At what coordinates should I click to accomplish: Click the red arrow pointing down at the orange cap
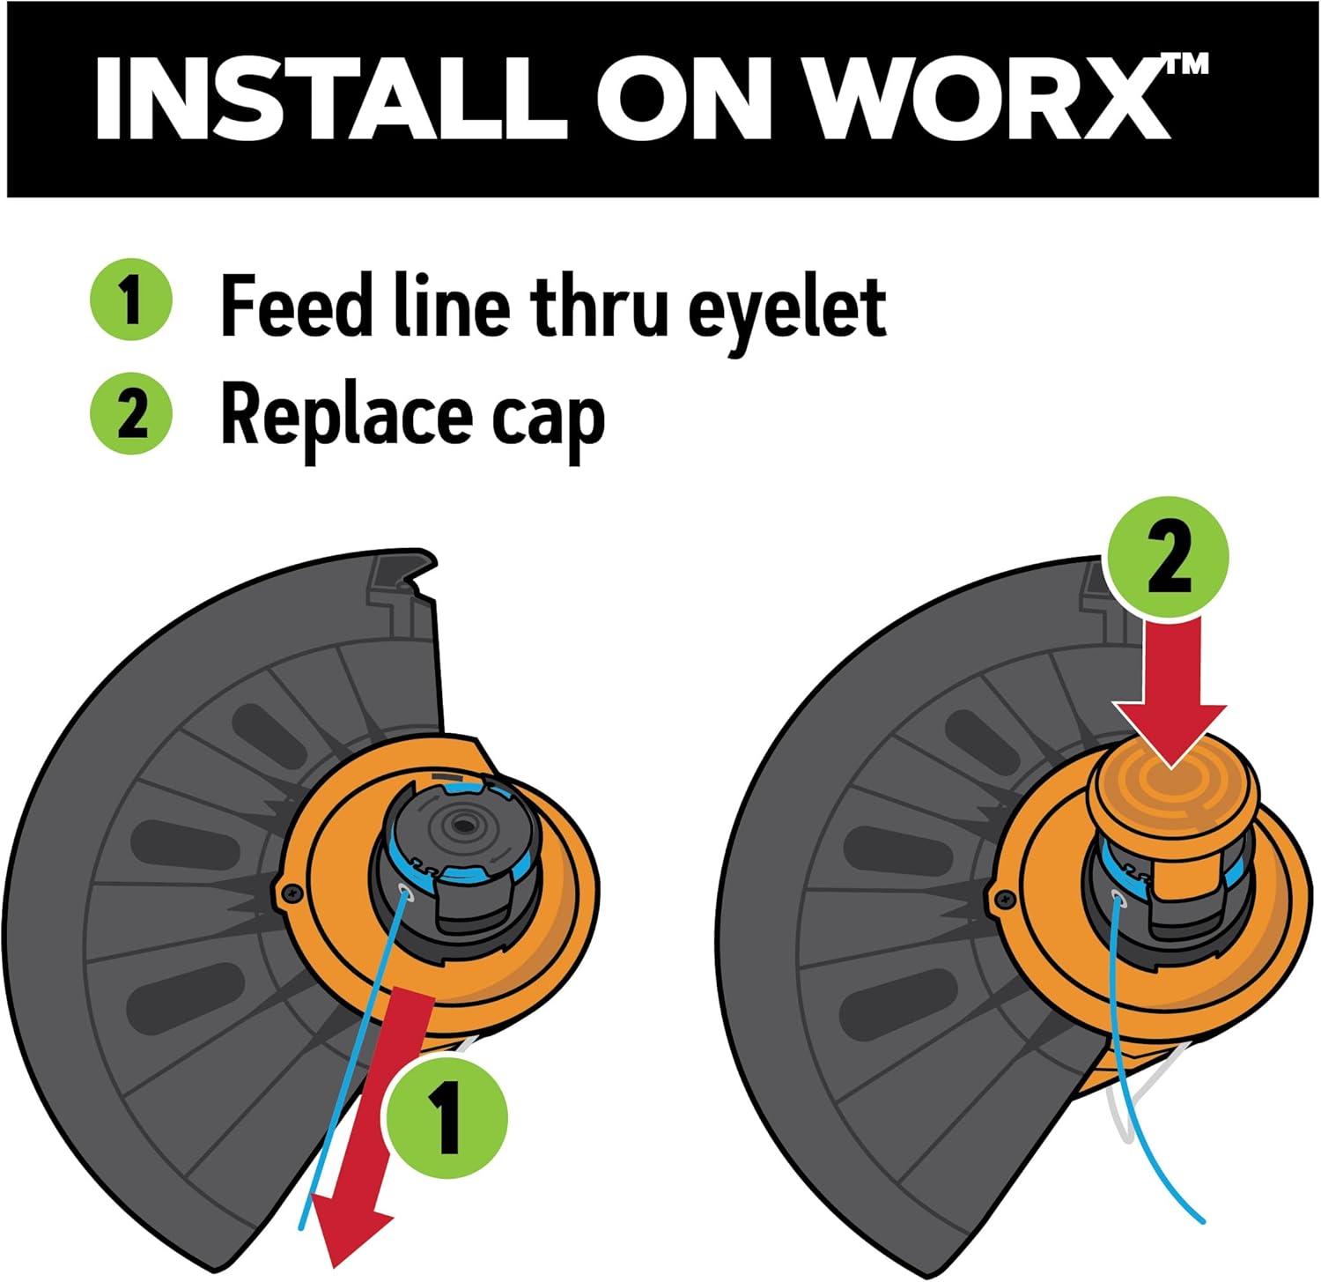(x=1170, y=692)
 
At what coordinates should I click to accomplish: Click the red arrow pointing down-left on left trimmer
(x=373, y=1128)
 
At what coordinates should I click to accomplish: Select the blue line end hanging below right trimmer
(x=1201, y=1219)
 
